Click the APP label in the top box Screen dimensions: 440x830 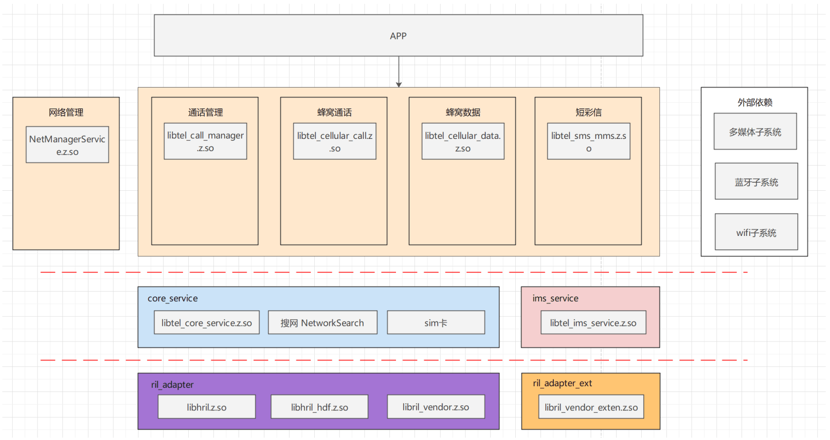[398, 36]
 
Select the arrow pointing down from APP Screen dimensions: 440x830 [399, 71]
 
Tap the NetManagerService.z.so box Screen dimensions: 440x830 [67, 145]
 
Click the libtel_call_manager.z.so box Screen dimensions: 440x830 [205, 141]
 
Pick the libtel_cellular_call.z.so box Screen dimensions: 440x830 [335, 141]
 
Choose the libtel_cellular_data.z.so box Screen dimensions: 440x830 [463, 141]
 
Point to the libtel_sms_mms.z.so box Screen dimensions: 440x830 [589, 141]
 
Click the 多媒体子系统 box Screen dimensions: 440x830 [755, 132]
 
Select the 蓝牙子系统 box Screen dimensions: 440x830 [756, 182]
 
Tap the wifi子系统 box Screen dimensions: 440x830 [756, 232]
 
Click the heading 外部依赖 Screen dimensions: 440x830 [754, 102]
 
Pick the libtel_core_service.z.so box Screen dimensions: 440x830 [206, 323]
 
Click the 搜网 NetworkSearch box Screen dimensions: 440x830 [322, 323]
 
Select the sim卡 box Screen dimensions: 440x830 [435, 323]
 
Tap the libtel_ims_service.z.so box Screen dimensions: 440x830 [593, 323]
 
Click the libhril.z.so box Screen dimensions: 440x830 [206, 407]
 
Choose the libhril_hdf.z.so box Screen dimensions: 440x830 [319, 407]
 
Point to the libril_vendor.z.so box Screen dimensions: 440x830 [435, 407]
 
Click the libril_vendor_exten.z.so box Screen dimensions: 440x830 [591, 407]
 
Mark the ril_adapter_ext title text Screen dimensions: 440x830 [562, 383]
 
